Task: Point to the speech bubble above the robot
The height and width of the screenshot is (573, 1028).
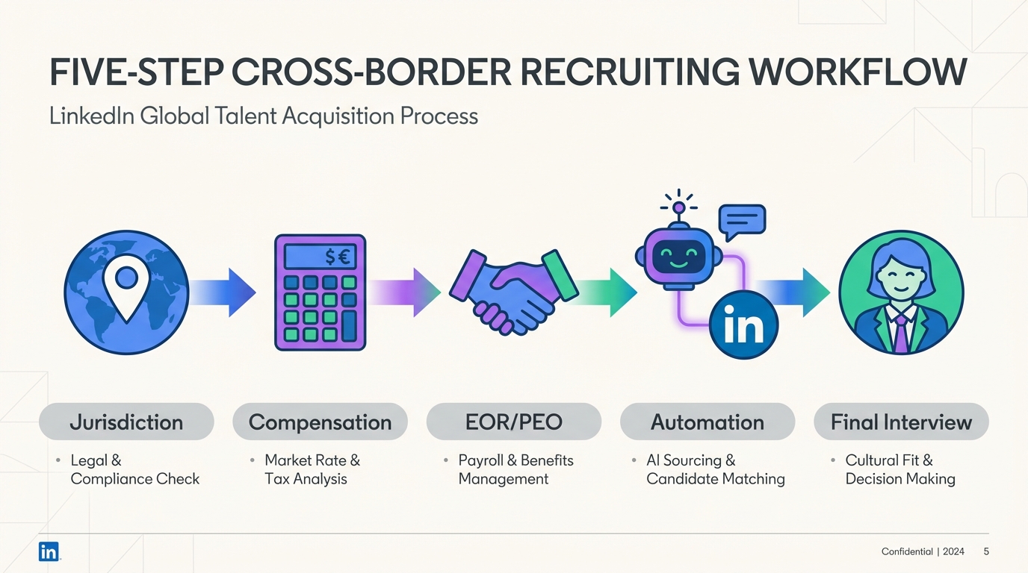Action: point(742,219)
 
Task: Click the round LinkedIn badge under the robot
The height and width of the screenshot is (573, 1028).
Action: point(743,326)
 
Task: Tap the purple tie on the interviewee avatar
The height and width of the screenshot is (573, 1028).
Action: point(902,334)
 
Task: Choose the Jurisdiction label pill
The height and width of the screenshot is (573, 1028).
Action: point(126,422)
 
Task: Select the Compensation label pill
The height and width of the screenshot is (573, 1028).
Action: point(320,422)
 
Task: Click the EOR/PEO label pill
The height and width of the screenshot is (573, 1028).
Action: point(514,422)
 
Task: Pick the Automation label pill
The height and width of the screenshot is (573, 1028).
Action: point(707,422)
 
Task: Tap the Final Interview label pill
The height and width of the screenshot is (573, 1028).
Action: point(901,422)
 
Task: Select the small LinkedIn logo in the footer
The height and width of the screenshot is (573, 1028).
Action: point(49,551)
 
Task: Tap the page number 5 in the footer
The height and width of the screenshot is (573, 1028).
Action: point(986,551)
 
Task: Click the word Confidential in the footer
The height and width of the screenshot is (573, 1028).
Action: point(907,551)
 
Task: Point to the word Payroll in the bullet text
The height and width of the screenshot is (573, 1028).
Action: point(478,460)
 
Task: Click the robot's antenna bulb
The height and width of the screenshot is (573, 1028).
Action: point(679,207)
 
